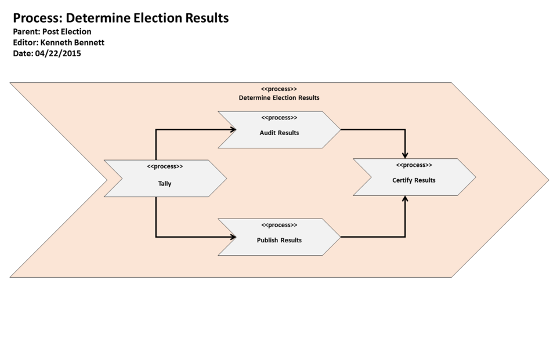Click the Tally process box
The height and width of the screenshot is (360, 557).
(x=165, y=179)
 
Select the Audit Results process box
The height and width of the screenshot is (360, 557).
(x=279, y=130)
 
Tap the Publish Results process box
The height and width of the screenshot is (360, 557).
(x=279, y=237)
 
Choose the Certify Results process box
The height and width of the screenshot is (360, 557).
(x=414, y=177)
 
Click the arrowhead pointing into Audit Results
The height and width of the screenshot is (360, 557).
(x=233, y=130)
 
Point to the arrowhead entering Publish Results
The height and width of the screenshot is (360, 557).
(x=233, y=237)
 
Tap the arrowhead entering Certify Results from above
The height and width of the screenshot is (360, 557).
(x=405, y=154)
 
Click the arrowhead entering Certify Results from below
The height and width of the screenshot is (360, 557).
(x=405, y=199)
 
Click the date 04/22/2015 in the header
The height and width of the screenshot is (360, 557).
(x=58, y=53)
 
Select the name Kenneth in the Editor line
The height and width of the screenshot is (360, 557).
(x=56, y=42)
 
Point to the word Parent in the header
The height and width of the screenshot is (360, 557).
(x=26, y=32)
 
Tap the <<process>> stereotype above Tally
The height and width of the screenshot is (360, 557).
(x=165, y=166)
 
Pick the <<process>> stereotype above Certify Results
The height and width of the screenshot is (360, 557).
(x=414, y=165)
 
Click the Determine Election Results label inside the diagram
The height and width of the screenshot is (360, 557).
(x=279, y=98)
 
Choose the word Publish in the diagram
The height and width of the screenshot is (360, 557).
(x=267, y=240)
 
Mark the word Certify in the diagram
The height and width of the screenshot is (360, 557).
(x=403, y=180)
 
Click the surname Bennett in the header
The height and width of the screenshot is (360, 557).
(x=89, y=42)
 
